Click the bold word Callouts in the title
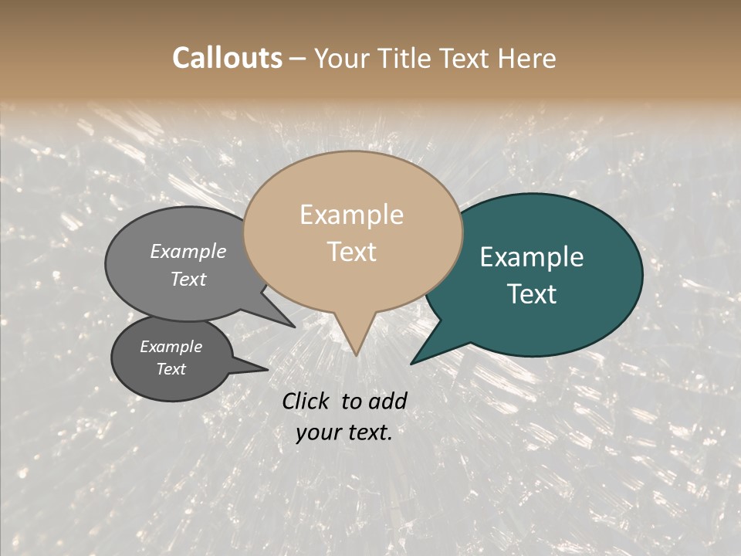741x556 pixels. [x=227, y=58]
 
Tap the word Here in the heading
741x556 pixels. [x=526, y=58]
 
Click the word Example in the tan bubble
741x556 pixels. [x=351, y=215]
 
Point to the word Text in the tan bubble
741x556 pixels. [x=352, y=252]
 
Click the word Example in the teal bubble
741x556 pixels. [x=532, y=257]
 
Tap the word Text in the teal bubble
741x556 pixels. [x=533, y=294]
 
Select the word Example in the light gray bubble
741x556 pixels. [x=188, y=251]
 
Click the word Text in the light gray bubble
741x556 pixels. [x=188, y=279]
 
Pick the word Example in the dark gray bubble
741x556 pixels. [x=171, y=347]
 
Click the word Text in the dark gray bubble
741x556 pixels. [x=171, y=369]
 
